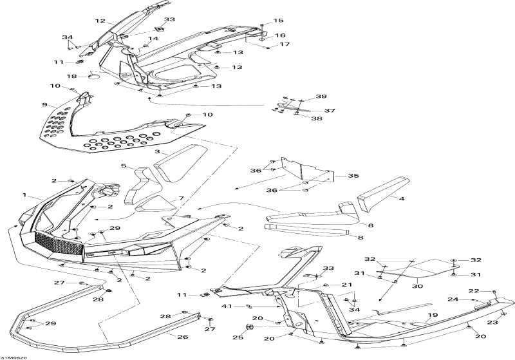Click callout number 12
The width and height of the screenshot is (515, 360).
click(100, 21)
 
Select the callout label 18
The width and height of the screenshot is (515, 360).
click(71, 77)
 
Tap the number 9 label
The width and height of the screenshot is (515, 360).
click(44, 105)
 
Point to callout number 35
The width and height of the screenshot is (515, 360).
click(353, 176)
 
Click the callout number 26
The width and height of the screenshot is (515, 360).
click(183, 337)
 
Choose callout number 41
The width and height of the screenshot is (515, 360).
click(227, 306)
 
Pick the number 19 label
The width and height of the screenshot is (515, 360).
click(433, 315)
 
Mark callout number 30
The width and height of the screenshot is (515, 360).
click(417, 286)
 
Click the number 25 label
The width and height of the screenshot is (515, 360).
click(238, 337)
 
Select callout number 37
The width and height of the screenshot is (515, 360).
click(330, 111)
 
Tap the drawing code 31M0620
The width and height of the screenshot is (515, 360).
click(14, 357)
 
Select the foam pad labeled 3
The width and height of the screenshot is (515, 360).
click(181, 163)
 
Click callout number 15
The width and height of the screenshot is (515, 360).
click(278, 21)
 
